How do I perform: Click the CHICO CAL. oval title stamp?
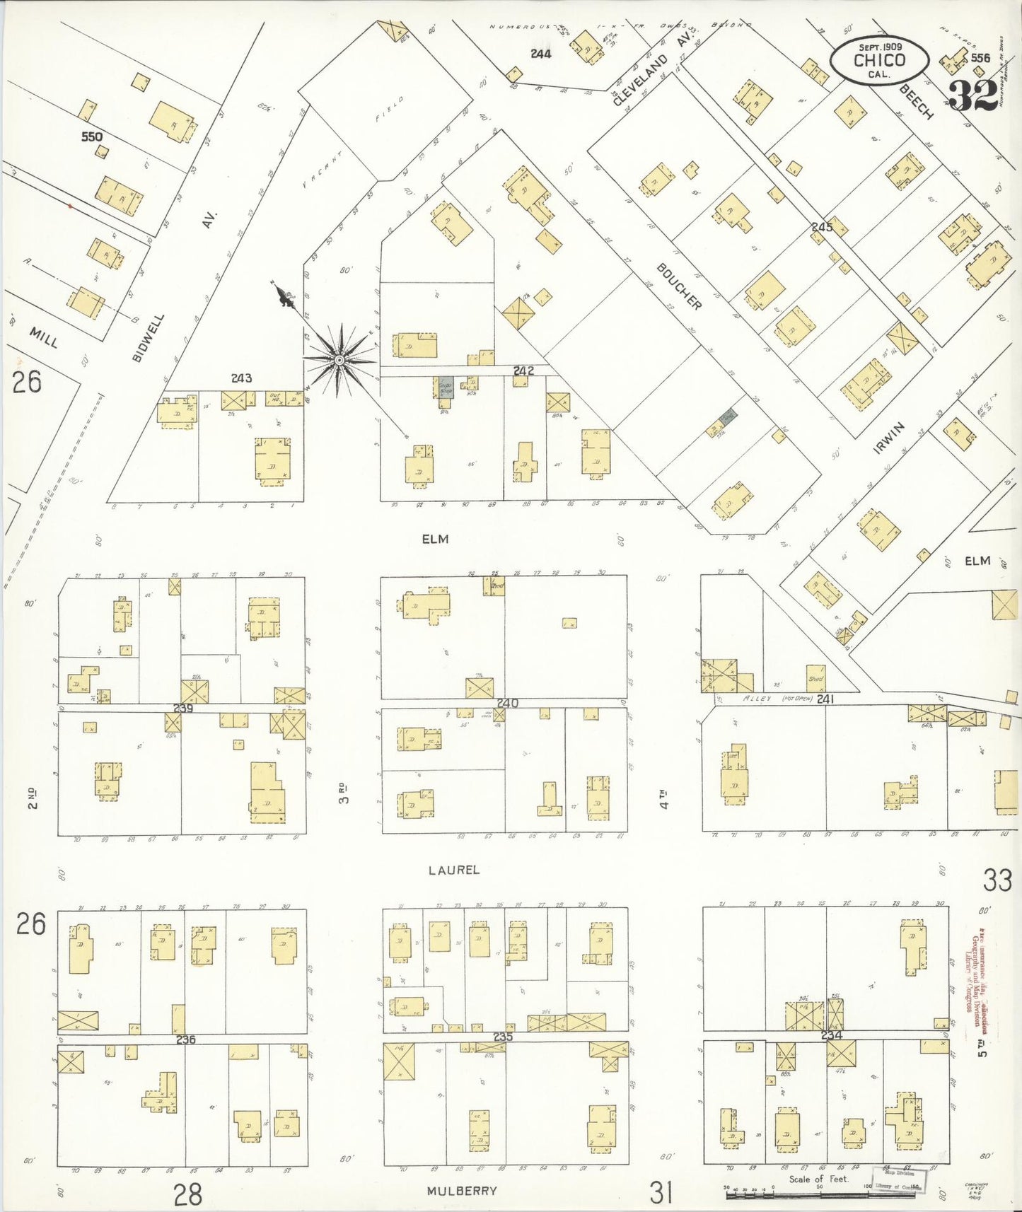(879, 61)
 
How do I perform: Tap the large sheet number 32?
(973, 95)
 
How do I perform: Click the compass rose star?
(339, 360)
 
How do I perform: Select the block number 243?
(241, 378)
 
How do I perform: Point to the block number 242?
(523, 371)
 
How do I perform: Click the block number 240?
(507, 704)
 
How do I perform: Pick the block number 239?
(183, 708)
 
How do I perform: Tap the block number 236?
(185, 1039)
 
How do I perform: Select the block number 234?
(832, 1035)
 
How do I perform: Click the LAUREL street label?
(453, 870)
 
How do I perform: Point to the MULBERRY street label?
(462, 1191)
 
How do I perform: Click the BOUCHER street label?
(679, 286)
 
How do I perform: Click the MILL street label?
(44, 337)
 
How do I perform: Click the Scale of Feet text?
(818, 1179)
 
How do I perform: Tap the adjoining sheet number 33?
(997, 880)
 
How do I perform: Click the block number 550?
(91, 136)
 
